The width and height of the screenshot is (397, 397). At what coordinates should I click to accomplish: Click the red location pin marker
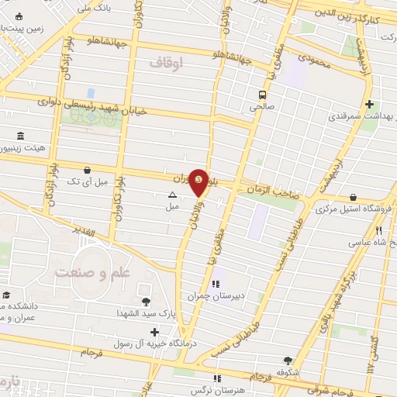coord(199,181)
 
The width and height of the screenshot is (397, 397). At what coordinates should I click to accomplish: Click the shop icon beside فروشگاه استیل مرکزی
coord(354,197)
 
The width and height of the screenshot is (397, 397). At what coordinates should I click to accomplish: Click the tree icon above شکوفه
coord(288,360)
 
